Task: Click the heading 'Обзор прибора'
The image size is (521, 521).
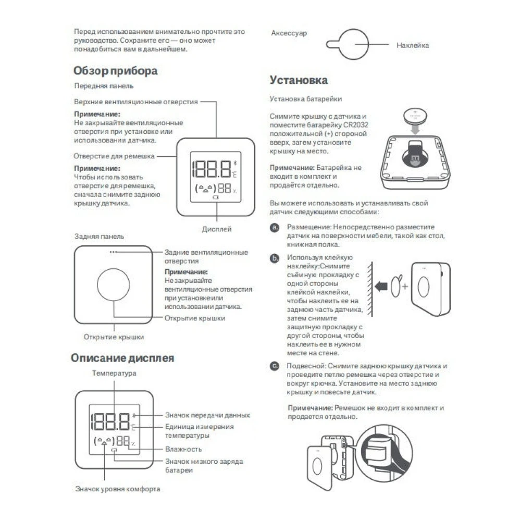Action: tap(115, 70)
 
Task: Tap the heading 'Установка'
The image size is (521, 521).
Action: tap(299, 80)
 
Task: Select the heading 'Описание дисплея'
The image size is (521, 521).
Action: tap(122, 358)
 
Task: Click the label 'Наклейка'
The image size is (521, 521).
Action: tap(413, 45)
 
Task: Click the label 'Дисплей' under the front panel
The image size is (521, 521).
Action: tap(216, 229)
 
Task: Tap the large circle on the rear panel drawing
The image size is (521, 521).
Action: tap(113, 285)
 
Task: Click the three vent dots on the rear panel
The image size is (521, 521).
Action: tap(113, 252)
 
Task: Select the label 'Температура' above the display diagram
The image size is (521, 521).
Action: tap(114, 373)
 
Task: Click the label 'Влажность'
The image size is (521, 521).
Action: tap(183, 449)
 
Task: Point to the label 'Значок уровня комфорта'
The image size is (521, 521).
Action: tap(118, 489)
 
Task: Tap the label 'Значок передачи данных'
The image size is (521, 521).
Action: tap(207, 415)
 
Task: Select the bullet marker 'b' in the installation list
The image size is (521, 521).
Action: tap(275, 258)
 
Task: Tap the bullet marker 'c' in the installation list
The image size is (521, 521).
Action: tap(275, 366)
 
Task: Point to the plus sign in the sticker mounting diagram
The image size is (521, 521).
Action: tap(405, 287)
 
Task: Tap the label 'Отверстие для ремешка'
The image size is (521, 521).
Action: tap(114, 156)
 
